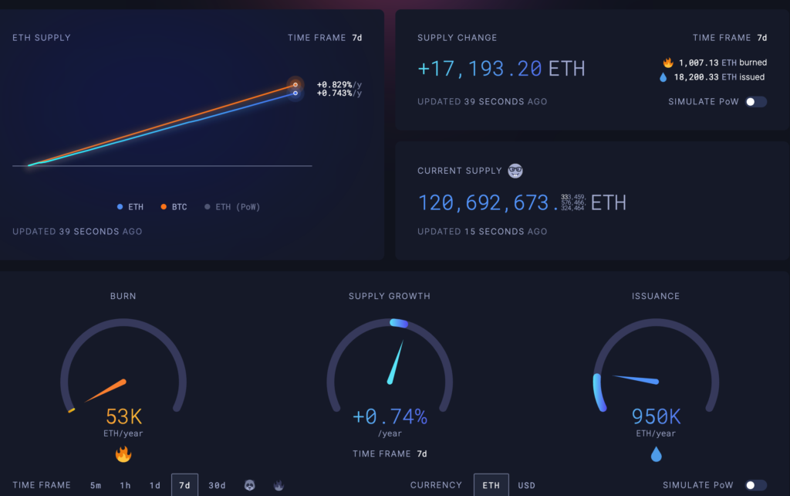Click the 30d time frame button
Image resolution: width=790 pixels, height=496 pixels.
click(217, 485)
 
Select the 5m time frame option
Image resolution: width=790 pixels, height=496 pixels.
click(96, 485)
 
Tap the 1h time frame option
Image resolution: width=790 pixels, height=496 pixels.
click(125, 485)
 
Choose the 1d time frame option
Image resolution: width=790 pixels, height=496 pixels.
click(155, 485)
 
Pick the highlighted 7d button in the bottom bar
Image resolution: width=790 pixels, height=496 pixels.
click(184, 485)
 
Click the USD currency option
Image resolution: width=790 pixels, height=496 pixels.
click(526, 485)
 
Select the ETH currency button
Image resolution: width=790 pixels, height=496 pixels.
click(491, 485)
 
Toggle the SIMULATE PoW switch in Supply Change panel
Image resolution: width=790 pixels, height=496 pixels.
click(755, 102)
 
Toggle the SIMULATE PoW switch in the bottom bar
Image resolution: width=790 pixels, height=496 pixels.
click(755, 485)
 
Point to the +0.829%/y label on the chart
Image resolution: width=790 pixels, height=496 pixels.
click(339, 83)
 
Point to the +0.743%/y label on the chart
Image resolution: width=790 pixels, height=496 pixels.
click(339, 93)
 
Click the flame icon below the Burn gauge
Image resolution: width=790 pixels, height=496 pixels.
click(123, 454)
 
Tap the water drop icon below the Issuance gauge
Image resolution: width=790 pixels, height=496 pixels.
click(656, 454)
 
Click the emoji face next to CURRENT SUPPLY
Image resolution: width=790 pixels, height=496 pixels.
click(515, 171)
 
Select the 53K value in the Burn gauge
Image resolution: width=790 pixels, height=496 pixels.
click(123, 417)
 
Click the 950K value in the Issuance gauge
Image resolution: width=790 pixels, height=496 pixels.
click(656, 417)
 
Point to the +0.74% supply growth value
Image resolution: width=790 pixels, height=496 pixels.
click(390, 417)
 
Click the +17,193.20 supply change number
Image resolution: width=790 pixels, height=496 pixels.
click(480, 69)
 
